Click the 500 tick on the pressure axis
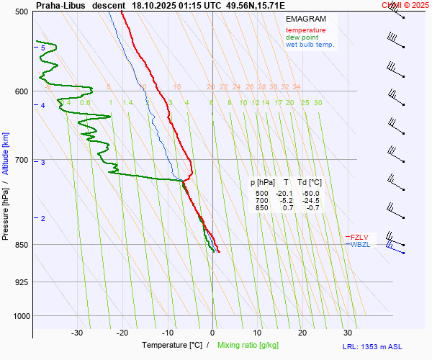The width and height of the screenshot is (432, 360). (20, 12)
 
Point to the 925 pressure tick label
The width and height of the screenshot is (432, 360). (20, 282)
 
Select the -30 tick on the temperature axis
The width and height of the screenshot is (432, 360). (77, 333)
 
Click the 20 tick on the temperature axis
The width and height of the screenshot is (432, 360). (302, 333)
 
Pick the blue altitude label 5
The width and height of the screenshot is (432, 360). (43, 48)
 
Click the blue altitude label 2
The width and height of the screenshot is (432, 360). (43, 218)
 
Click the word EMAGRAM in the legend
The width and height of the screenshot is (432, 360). (305, 19)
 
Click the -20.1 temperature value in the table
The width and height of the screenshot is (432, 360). (285, 194)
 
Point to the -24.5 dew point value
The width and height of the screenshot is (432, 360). (310, 201)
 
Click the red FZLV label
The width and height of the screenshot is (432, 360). (360, 236)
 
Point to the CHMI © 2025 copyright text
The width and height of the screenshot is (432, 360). (405, 4)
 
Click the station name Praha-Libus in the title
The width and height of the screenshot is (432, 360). (60, 4)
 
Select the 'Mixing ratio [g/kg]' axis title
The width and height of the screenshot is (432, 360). (252, 346)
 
